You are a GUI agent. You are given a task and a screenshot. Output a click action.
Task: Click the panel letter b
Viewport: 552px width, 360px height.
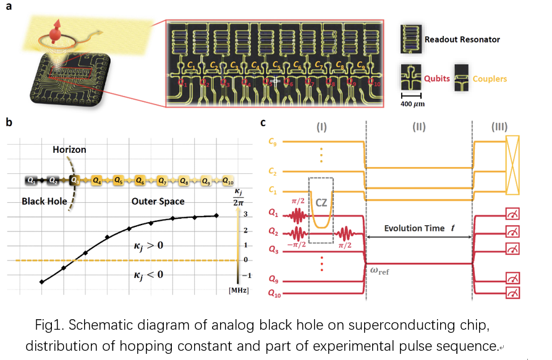coord(9,122)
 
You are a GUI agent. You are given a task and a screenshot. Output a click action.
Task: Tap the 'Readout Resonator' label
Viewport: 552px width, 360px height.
coord(462,40)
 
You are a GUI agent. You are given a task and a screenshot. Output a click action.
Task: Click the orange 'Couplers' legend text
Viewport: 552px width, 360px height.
coord(490,79)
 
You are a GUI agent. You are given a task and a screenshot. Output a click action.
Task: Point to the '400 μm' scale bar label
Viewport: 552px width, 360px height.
coord(411,104)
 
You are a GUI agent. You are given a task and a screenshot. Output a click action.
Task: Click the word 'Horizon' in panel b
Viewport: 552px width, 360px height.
coord(69,150)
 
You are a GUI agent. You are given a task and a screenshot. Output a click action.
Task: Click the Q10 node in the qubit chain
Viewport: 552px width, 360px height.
coord(227,181)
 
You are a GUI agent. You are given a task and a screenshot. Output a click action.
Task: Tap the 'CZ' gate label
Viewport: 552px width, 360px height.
coord(321,202)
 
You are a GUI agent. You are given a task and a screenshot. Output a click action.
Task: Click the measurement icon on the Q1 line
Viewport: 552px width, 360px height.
coord(512,216)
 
